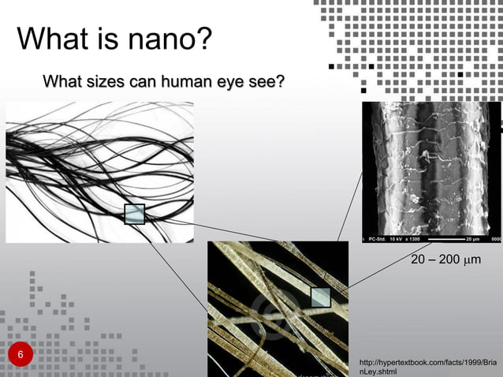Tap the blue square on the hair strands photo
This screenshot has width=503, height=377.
pyautogui.click(x=135, y=214)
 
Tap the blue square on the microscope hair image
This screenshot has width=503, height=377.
pyautogui.click(x=320, y=297)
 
